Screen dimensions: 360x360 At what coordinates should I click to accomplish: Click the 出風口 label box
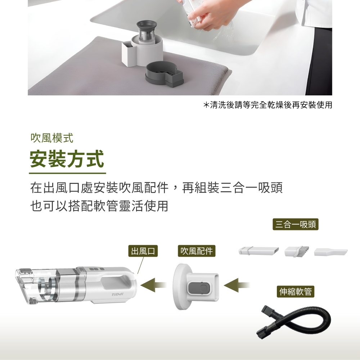coord(143,251)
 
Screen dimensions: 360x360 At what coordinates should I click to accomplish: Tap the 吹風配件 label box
coord(197,251)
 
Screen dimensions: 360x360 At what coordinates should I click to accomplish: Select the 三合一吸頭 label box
coord(296,224)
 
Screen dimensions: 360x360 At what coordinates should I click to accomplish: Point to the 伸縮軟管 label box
coord(295,292)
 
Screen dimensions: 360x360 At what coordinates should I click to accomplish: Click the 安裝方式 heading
coord(67,159)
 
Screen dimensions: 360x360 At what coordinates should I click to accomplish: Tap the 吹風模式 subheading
coord(52,138)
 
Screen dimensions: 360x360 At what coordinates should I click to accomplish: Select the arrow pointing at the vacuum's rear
coord(153,285)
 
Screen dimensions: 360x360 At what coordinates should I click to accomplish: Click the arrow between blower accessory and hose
coord(237,285)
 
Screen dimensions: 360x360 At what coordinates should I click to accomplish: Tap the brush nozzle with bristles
coord(296,251)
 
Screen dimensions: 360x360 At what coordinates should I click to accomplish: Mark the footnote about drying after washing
coord(268,105)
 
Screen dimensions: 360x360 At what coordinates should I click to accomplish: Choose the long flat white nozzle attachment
coord(258,251)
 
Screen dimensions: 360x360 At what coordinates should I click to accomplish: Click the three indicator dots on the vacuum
coord(97,269)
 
